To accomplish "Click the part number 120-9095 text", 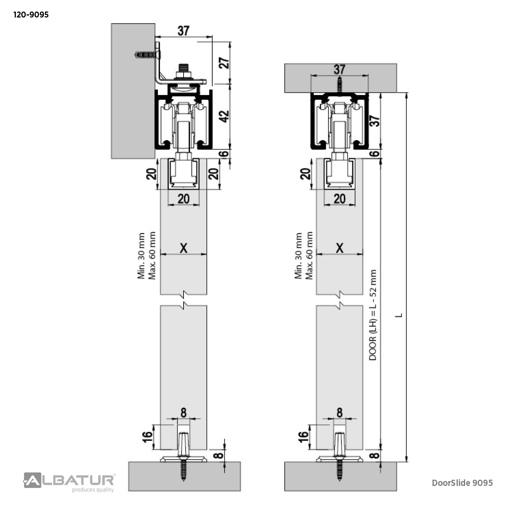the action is click(x=31, y=15).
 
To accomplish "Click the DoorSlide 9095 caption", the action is click(x=462, y=483).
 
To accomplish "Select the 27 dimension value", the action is click(x=224, y=63).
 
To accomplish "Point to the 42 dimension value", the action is click(x=224, y=116).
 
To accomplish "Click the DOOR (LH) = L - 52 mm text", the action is click(x=373, y=315).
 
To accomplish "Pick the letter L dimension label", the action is click(x=399, y=315).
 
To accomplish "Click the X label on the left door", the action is click(x=184, y=248).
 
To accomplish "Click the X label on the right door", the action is click(x=339, y=248).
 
